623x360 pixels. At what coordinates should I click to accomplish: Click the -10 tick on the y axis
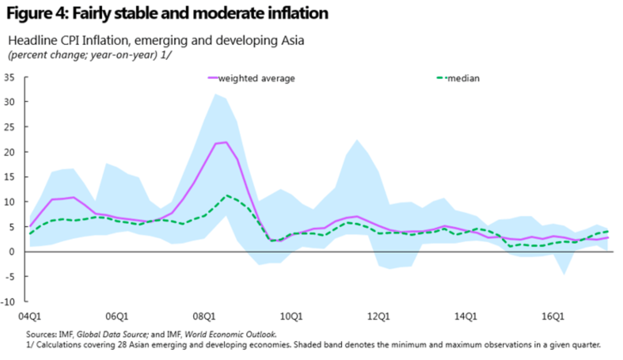click(x=10, y=301)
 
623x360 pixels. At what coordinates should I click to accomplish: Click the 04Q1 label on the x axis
click(x=29, y=317)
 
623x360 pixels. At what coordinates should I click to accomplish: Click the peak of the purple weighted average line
click(x=226, y=142)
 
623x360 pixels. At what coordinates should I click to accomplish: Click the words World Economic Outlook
click(x=248, y=335)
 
